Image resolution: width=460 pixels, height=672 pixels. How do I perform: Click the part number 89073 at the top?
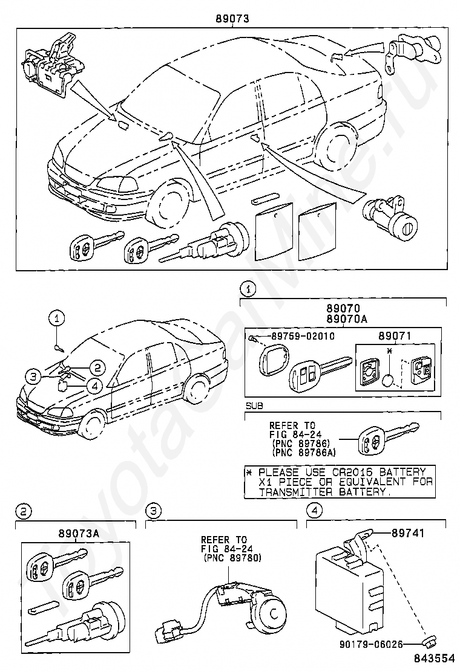coord(232,19)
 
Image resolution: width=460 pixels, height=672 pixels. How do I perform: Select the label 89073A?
coord(79,534)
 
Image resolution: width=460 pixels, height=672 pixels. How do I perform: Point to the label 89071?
coord(395,336)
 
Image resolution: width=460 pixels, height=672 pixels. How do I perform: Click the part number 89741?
coord(408,533)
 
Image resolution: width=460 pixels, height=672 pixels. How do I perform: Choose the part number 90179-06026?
coord(372,643)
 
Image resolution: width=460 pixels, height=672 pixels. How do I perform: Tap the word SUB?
coord(254,405)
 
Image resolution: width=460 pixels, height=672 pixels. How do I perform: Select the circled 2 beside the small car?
coord(98,367)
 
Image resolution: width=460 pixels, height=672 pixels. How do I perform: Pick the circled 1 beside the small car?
coord(57,318)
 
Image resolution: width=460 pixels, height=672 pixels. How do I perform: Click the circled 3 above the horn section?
coord(154,511)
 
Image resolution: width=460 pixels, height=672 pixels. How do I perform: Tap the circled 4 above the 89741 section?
coord(315,511)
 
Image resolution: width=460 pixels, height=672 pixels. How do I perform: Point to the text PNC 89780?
coord(231,558)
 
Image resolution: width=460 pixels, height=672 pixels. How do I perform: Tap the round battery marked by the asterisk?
coord(389,381)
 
